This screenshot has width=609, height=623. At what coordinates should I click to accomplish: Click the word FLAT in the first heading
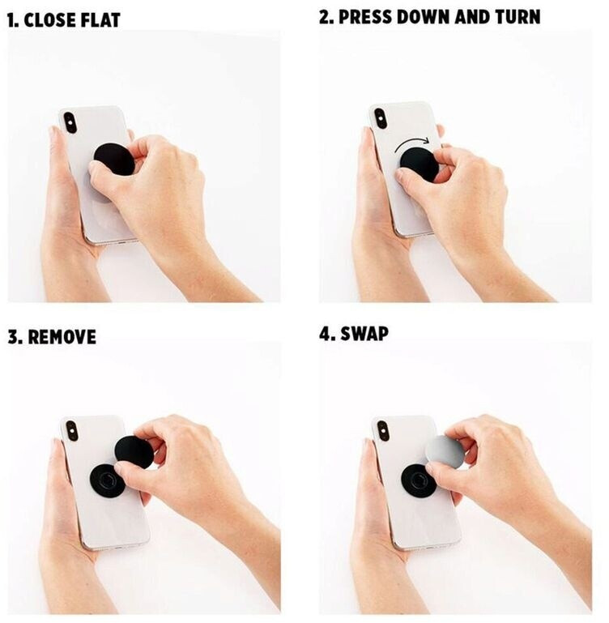[100, 20]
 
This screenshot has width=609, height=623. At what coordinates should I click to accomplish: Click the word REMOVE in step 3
[62, 337]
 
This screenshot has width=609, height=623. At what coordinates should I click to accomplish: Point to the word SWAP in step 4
[364, 334]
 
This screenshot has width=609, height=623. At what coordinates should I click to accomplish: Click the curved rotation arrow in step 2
[412, 144]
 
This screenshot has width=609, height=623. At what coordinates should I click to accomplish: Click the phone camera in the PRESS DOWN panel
[380, 118]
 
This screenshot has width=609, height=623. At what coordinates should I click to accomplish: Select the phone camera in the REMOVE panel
[72, 431]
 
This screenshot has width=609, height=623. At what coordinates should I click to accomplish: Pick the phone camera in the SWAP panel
[383, 431]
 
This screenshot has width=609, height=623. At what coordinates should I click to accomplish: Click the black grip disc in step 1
[114, 160]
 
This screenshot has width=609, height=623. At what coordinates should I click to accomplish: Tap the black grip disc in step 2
[419, 164]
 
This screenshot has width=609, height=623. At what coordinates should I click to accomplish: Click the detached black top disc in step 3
[134, 451]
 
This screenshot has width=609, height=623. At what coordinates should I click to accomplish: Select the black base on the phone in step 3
[106, 480]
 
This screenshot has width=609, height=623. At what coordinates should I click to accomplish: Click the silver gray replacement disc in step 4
[445, 451]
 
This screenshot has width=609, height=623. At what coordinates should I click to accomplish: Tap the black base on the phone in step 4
[417, 480]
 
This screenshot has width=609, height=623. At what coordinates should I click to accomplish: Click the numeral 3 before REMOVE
[13, 337]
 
